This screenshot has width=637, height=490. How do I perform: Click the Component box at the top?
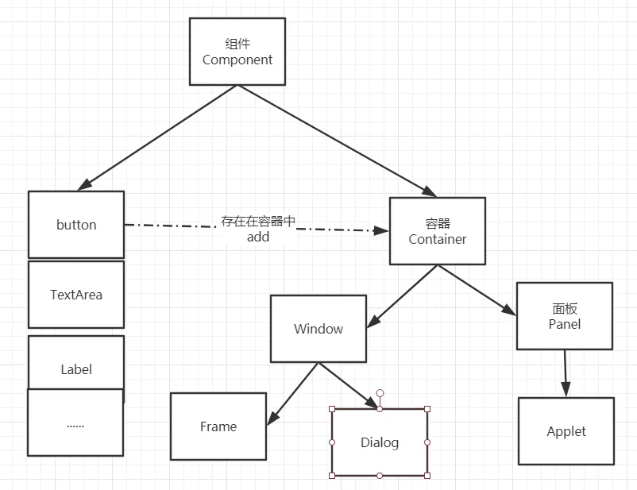237,52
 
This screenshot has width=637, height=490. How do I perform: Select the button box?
76,225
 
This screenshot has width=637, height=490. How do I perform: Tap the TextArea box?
76,295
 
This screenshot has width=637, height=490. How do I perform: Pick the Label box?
76,364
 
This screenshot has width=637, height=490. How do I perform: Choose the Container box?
437,231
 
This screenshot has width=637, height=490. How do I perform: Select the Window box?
318,329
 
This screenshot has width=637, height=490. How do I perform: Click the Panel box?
565,316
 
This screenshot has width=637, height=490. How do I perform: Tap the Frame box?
218,426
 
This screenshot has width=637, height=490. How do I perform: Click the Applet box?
566,431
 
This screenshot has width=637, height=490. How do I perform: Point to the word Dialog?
380,442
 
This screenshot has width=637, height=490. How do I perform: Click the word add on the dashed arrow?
258,237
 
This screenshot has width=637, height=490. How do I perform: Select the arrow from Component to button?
159,137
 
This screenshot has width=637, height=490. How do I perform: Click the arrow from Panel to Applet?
565,372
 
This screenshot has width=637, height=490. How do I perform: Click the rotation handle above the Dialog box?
380,392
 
